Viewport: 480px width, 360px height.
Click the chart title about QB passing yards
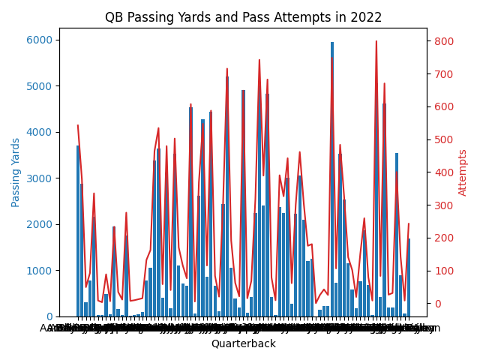(x=243, y=17)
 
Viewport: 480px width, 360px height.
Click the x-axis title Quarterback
(x=243, y=343)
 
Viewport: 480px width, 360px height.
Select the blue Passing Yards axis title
(x=16, y=172)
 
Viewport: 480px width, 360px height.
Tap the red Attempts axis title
(x=463, y=172)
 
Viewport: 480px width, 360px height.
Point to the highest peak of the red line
(x=376, y=41)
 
